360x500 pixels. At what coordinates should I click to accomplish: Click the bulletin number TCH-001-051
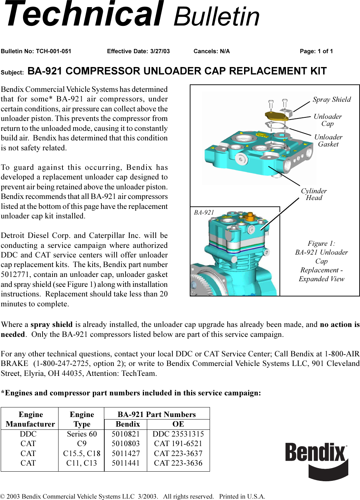pyautogui.click(x=53, y=51)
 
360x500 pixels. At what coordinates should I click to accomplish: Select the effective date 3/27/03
pyautogui.click(x=160, y=51)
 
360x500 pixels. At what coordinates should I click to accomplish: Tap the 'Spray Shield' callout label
pyautogui.click(x=332, y=100)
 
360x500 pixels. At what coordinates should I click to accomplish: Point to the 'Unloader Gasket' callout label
pyautogui.click(x=328, y=140)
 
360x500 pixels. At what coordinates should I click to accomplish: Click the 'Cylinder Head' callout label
pyautogui.click(x=314, y=194)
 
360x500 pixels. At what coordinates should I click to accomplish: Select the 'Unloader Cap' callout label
pyautogui.click(x=327, y=120)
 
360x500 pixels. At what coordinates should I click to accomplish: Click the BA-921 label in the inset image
pyautogui.click(x=204, y=212)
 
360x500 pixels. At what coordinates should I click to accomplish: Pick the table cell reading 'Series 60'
pyautogui.click(x=82, y=434)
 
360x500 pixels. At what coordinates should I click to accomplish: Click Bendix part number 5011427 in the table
pyautogui.click(x=126, y=454)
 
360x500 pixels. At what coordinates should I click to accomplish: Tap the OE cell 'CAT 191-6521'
pyautogui.click(x=178, y=444)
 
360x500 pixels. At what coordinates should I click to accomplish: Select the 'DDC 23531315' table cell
pyautogui.click(x=178, y=434)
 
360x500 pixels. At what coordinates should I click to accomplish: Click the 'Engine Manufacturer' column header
pyautogui.click(x=31, y=419)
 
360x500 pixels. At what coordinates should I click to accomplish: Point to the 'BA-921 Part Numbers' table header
pyautogui.click(x=156, y=415)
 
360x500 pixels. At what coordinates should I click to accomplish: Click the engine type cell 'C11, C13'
pyautogui.click(x=82, y=463)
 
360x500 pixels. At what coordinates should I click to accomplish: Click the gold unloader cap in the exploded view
pyautogui.click(x=276, y=116)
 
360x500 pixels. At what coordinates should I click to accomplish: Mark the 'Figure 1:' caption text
pyautogui.click(x=321, y=244)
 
